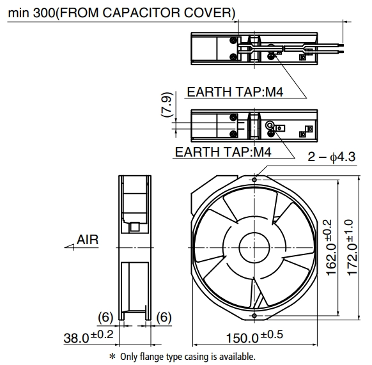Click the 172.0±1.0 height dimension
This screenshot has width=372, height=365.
pyautogui.click(x=352, y=247)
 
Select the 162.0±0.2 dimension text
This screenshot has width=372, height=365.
pyautogui.click(x=332, y=247)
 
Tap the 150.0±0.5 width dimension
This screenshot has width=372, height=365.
pyautogui.click(x=254, y=336)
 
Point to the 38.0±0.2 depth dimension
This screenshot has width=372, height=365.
pyautogui.click(x=88, y=336)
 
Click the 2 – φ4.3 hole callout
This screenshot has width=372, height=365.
pyautogui.click(x=332, y=157)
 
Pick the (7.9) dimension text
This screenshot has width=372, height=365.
pyautogui.click(x=167, y=104)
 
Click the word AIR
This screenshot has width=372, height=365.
pyautogui.click(x=88, y=240)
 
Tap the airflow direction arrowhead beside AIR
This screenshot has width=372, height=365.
pyautogui.click(x=69, y=247)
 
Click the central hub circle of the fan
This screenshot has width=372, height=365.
pyautogui.click(x=254, y=247)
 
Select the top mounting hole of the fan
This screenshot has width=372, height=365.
pyautogui.click(x=254, y=180)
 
